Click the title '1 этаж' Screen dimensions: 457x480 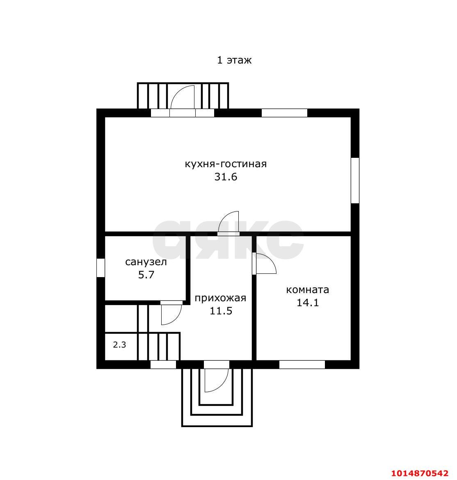[234, 60]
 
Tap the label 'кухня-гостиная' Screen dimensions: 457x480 [226, 164]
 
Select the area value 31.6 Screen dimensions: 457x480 [226, 177]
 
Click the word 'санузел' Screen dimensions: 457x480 [146, 262]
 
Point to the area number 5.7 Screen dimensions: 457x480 [146, 275]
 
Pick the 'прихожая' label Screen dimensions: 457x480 [221, 298]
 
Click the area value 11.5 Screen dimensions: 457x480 [221, 311]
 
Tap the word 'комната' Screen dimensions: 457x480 [308, 289]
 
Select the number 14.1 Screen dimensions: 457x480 [308, 303]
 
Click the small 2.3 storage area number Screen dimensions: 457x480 [119, 345]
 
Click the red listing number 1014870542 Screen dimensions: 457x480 [420, 473]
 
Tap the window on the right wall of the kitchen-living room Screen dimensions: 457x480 [355, 180]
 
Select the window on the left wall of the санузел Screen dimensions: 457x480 [101, 268]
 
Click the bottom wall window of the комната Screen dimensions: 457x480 [302, 364]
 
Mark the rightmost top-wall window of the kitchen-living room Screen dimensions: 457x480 [284, 113]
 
